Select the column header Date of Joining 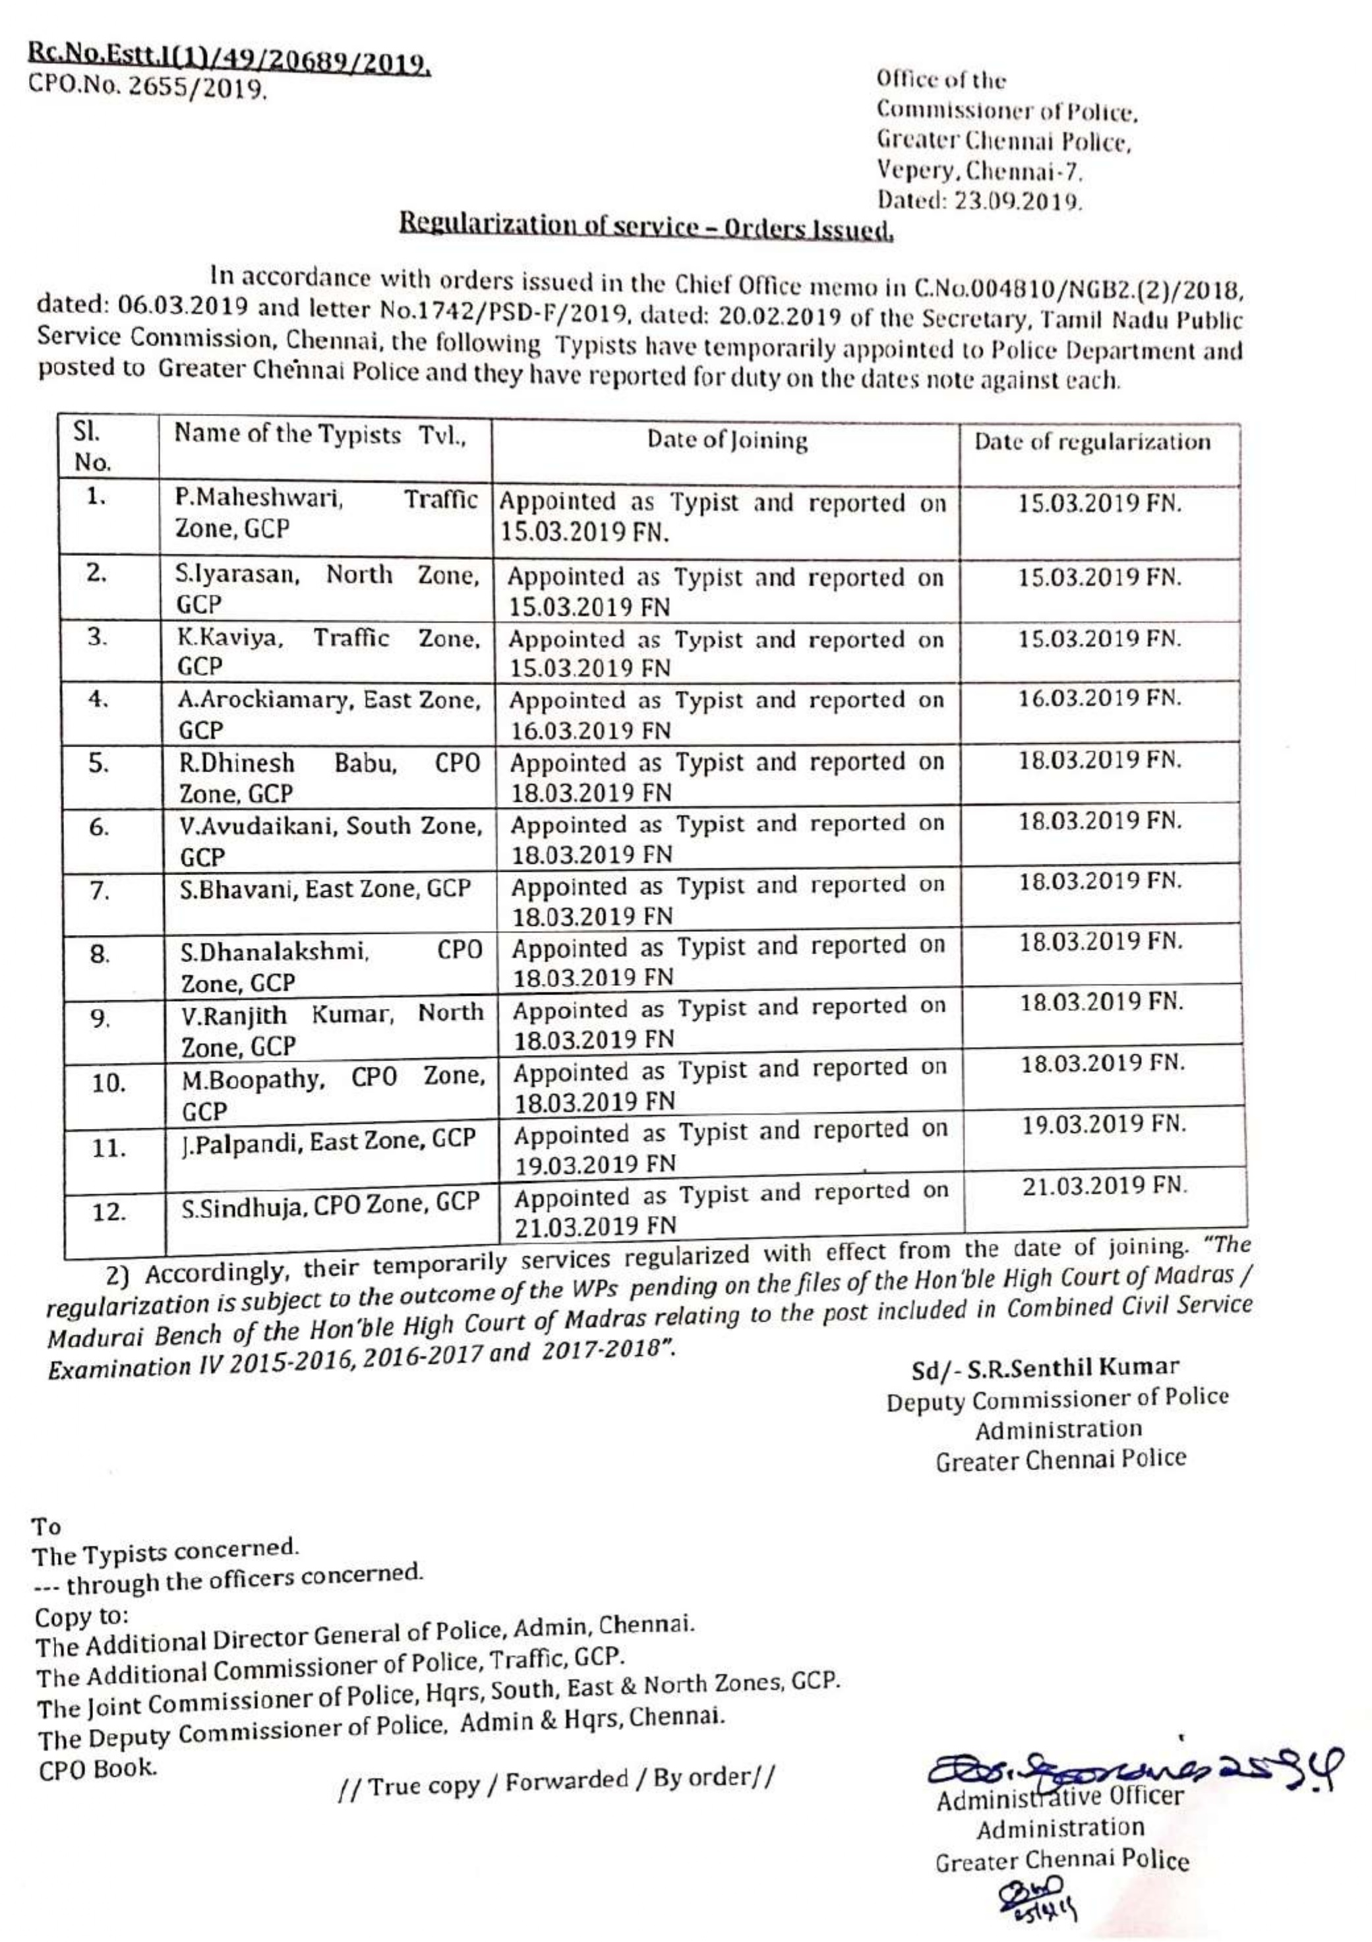tap(727, 440)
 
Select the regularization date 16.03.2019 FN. tap(1099, 698)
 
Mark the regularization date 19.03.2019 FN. tap(1104, 1125)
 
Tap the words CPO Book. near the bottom tap(98, 1766)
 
